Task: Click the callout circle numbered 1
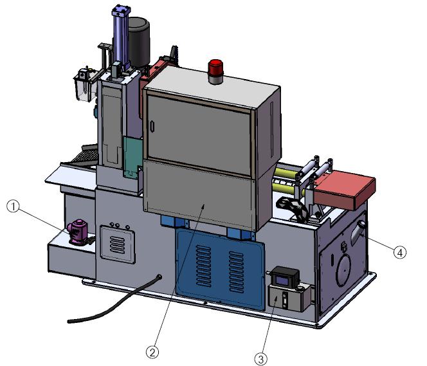coord(13,206)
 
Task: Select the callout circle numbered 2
coord(152,352)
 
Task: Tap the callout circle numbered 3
coord(261,359)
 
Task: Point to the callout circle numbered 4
coord(400,252)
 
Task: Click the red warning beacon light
coord(215,71)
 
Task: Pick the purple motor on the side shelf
coord(78,232)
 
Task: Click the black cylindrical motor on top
coord(139,42)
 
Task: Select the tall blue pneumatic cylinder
coord(121,37)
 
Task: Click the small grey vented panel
coord(118,244)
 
